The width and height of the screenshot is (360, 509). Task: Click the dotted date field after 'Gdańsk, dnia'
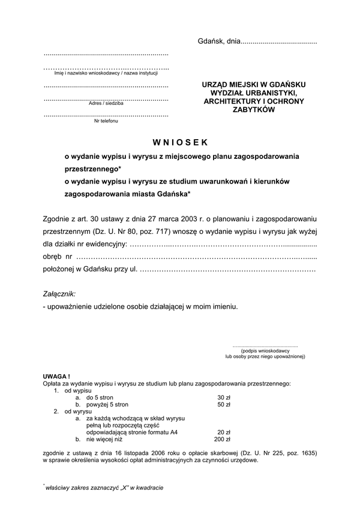[x=278, y=42]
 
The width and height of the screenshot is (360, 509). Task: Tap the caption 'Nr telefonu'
[x=106, y=121]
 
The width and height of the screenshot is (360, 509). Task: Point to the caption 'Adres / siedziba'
[x=106, y=103]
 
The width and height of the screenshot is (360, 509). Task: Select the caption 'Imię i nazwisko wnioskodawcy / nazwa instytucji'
[x=106, y=73]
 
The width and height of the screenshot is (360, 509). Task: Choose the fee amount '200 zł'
[x=223, y=439]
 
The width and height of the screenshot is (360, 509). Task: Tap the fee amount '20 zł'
[x=224, y=432]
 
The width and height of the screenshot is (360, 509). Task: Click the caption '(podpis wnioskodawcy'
[x=265, y=350]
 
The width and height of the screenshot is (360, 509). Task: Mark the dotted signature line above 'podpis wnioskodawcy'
[x=265, y=345]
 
